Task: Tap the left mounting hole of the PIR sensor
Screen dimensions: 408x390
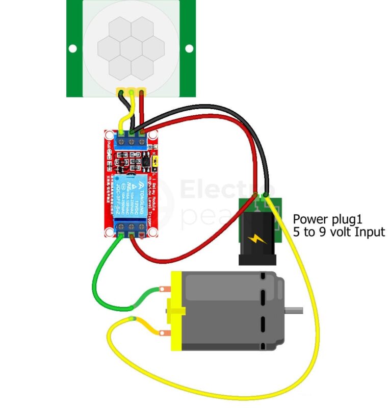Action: point(73,49)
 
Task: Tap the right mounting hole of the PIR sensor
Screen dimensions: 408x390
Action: point(189,49)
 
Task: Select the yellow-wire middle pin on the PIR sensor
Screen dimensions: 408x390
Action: point(132,92)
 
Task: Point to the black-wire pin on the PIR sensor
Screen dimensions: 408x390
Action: point(122,92)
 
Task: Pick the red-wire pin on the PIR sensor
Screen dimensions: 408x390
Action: point(141,92)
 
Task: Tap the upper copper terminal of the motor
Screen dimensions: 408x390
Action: point(165,290)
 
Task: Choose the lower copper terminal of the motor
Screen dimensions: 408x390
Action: point(165,333)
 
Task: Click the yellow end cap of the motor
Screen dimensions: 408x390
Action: point(176,311)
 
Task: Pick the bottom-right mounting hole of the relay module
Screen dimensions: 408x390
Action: point(152,232)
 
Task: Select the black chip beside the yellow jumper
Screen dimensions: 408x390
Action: point(146,162)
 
